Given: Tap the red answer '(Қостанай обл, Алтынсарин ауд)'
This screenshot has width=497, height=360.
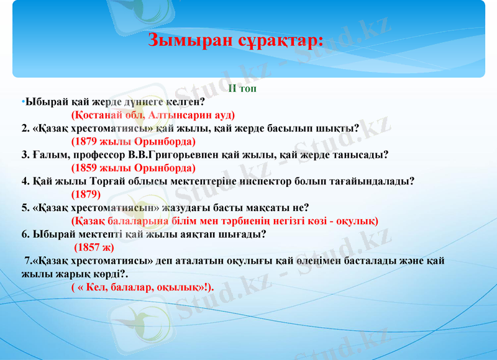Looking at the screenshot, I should [153, 115].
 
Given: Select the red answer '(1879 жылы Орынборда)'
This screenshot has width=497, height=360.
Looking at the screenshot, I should [134, 142].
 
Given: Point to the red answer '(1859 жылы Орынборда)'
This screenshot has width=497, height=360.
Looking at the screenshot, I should [134, 168].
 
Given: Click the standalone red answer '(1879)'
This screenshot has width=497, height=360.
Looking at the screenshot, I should [86, 194].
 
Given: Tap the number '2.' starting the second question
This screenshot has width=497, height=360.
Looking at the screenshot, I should [25, 128].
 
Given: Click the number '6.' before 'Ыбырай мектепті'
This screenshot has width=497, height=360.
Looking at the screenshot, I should [25, 234].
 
